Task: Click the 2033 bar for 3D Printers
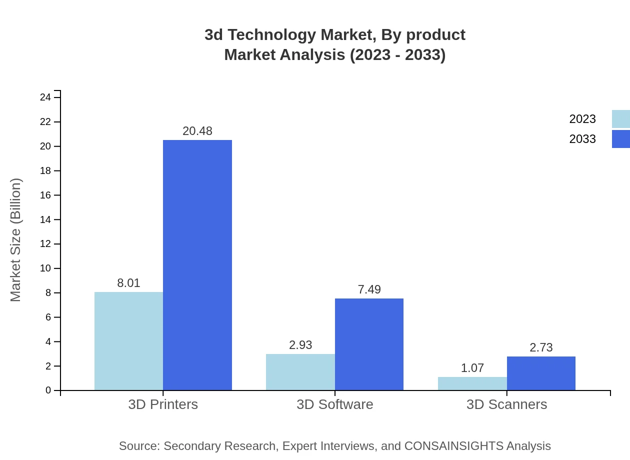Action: click(x=197, y=265)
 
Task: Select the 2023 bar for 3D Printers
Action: click(x=128, y=341)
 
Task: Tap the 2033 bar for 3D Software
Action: click(x=369, y=344)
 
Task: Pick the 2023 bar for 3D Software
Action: click(x=300, y=372)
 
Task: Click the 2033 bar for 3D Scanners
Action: click(x=541, y=373)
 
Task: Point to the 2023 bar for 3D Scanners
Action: click(x=472, y=383)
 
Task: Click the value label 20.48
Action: click(x=197, y=131)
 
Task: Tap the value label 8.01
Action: click(x=128, y=283)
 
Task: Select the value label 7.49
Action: click(x=369, y=289)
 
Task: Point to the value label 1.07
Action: click(x=472, y=368)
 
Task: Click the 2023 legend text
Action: click(x=582, y=119)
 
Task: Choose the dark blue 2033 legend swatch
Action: click(x=621, y=139)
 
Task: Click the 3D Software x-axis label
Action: click(x=335, y=404)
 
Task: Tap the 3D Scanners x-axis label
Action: click(x=506, y=404)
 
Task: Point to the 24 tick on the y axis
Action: click(x=45, y=97)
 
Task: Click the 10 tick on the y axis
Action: click(x=45, y=268)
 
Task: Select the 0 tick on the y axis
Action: click(x=48, y=390)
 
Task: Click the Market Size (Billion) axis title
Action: click(x=15, y=240)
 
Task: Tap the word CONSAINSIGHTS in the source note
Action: click(x=453, y=446)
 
